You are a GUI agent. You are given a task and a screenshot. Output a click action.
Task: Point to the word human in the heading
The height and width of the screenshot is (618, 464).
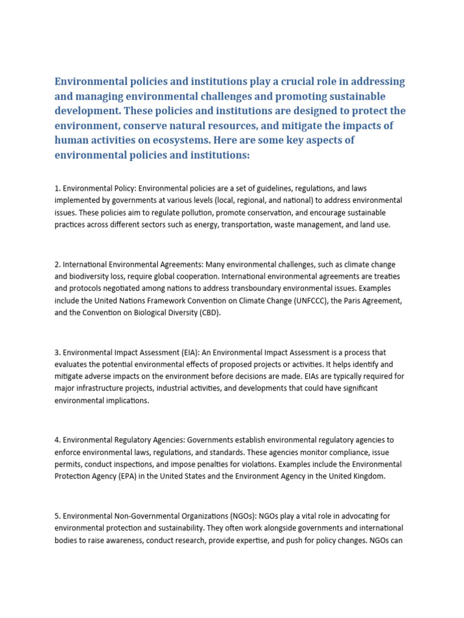pos(71,141)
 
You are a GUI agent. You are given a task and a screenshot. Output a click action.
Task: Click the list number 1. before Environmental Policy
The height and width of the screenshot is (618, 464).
pos(57,189)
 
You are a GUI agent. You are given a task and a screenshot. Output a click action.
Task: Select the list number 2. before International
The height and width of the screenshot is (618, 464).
pos(57,264)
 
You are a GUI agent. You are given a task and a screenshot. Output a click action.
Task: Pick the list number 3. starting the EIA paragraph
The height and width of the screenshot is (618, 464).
pos(57,352)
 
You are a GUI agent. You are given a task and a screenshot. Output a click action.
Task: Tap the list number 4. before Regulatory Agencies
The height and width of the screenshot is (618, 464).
pos(57,441)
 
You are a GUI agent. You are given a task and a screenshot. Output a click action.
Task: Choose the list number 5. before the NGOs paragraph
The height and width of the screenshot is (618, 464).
pos(57,516)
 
